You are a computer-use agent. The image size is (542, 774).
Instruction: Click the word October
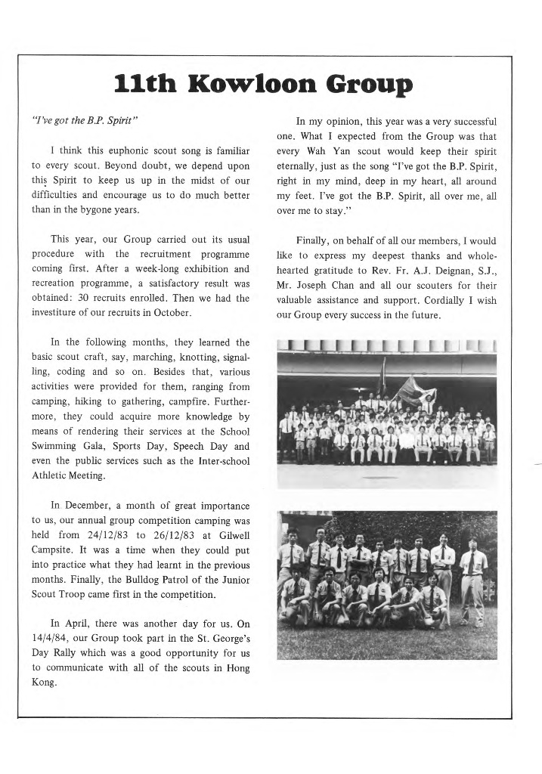pyautogui.click(x=175, y=313)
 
